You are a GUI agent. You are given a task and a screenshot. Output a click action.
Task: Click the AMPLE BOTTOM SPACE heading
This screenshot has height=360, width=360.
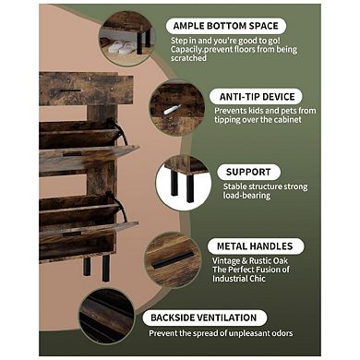pyautogui.click(x=225, y=26)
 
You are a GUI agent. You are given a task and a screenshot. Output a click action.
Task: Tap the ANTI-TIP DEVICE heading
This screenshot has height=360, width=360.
pyautogui.click(x=257, y=97)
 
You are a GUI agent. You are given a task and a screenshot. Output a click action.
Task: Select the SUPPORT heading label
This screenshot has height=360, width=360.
pyautogui.click(x=248, y=172)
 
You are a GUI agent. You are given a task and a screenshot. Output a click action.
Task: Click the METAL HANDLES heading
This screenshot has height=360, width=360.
pyautogui.click(x=255, y=246)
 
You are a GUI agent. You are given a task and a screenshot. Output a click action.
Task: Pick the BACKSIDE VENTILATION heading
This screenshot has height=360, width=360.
pyautogui.click(x=204, y=318)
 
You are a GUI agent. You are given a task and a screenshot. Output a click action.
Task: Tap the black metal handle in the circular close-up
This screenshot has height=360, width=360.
pyautogui.click(x=173, y=260)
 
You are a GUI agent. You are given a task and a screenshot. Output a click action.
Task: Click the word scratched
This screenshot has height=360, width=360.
pyautogui.click(x=188, y=58)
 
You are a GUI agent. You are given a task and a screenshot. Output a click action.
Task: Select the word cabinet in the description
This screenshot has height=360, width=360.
pyautogui.click(x=287, y=119)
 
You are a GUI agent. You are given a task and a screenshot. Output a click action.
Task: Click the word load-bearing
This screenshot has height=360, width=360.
pyautogui.click(x=246, y=196)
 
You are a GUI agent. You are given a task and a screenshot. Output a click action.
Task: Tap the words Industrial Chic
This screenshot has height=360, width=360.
pyautogui.click(x=239, y=279)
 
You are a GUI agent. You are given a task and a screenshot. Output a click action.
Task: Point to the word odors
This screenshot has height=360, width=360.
pyautogui.click(x=282, y=333)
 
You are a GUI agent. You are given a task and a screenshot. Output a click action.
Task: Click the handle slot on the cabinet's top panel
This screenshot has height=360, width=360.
pyautogui.click(x=70, y=90)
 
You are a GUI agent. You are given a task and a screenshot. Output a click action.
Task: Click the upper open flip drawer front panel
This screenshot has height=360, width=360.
pyautogui.click(x=90, y=156)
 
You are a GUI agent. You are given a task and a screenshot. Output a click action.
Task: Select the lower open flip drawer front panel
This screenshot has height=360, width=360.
pyautogui.click(x=89, y=229)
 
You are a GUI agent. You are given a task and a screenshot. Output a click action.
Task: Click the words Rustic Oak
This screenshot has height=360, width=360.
pyautogui.click(x=269, y=261)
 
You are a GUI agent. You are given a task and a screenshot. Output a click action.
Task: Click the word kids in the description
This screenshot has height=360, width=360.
pyautogui.click(x=256, y=111)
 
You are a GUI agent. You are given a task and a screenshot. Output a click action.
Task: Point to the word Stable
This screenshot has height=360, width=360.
pyautogui.click(x=234, y=186)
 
